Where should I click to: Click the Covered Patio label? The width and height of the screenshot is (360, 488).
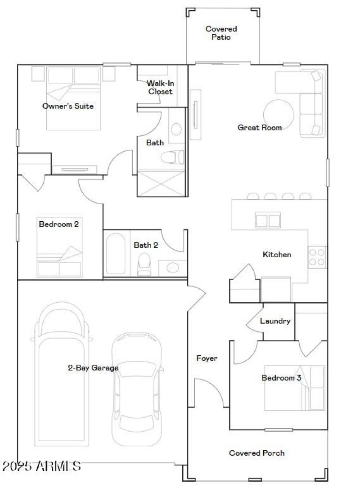[x=221, y=33]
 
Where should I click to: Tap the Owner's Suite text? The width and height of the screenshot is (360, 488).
[x=68, y=106]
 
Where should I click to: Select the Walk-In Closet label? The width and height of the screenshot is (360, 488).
[x=159, y=87]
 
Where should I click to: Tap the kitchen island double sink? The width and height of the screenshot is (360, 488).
[x=268, y=220]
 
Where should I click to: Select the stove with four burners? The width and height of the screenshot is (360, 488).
[x=317, y=257]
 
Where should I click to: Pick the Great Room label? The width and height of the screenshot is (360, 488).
[x=260, y=128]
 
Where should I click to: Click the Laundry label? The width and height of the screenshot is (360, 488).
[x=275, y=321]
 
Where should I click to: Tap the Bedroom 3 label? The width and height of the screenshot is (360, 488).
[x=281, y=378]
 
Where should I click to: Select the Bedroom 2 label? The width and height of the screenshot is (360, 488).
[x=58, y=224]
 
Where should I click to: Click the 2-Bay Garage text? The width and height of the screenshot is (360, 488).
[x=93, y=368]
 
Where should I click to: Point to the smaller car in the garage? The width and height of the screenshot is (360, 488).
[x=136, y=389]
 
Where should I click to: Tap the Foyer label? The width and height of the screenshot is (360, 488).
[x=207, y=358]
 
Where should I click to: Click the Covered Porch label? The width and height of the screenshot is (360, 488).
[x=256, y=453]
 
